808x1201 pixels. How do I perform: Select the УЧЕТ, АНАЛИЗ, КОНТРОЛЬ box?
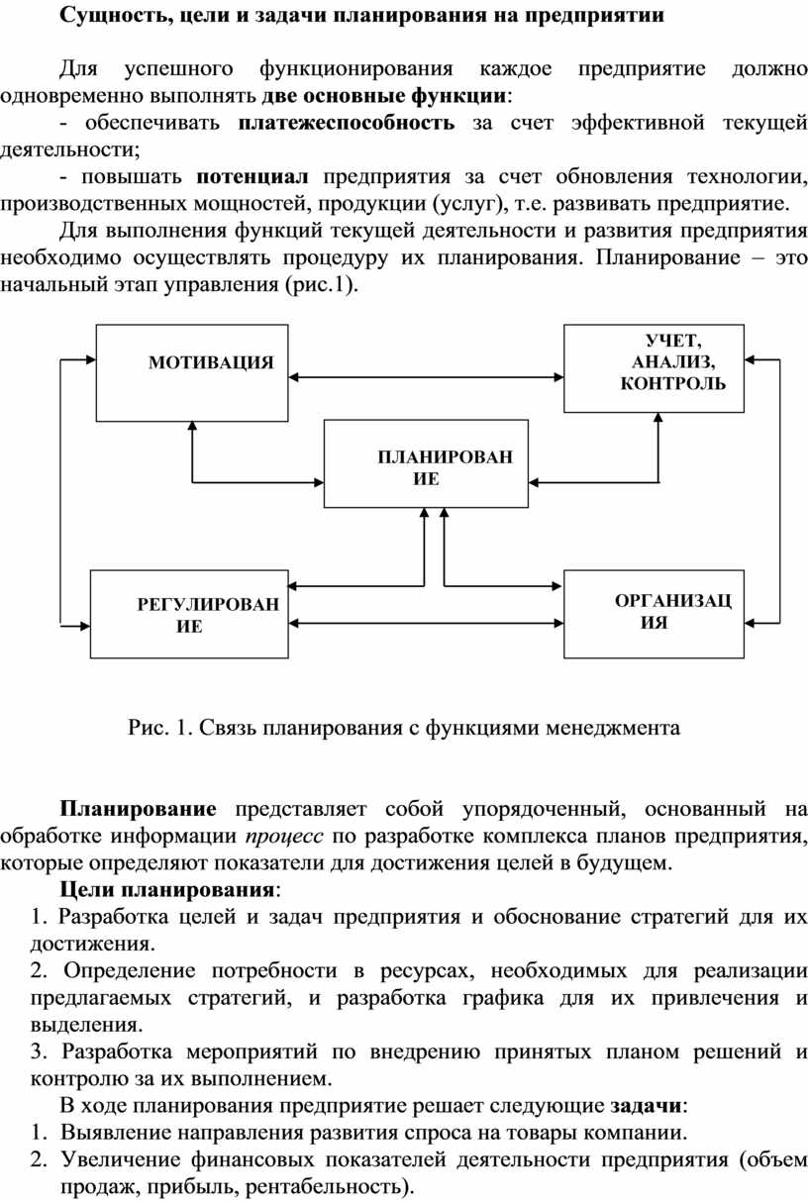click(x=653, y=367)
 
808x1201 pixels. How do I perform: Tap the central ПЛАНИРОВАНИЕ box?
click(x=423, y=464)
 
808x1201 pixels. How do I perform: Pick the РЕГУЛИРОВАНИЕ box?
click(x=189, y=615)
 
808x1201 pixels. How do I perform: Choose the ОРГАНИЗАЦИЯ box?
click(x=654, y=613)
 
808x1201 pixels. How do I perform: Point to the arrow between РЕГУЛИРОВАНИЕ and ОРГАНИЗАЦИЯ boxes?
click(x=427, y=622)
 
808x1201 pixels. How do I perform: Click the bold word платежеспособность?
click(x=347, y=123)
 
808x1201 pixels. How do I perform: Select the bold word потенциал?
click(x=253, y=177)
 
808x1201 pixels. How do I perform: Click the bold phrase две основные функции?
click(x=385, y=96)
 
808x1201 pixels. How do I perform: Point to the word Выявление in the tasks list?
click(x=110, y=1131)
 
